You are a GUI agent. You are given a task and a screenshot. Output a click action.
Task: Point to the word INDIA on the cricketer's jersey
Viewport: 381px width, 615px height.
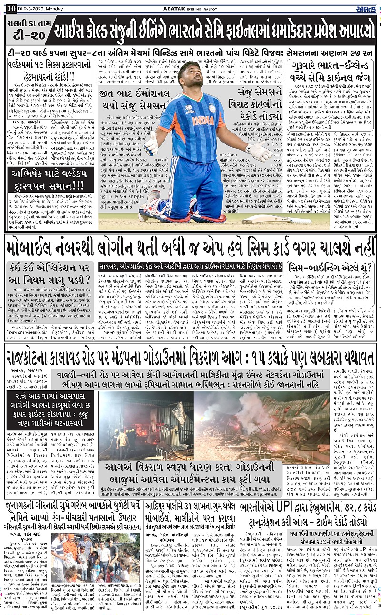click(x=203, y=120)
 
